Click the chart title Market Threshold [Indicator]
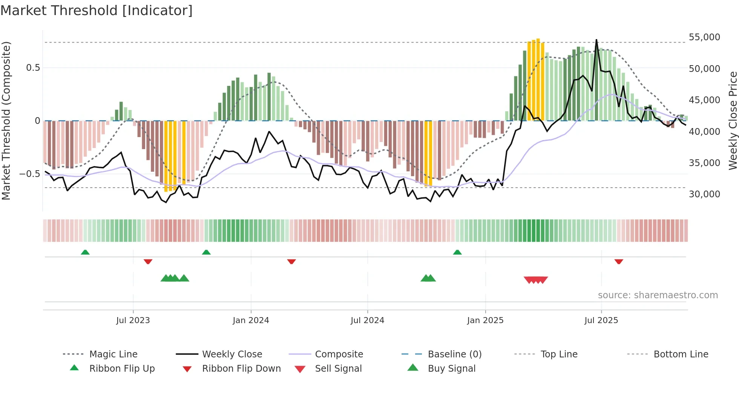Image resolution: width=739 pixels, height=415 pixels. point(97,11)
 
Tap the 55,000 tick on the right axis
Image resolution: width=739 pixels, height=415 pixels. point(704,37)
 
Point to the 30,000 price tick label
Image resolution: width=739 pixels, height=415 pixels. point(704,194)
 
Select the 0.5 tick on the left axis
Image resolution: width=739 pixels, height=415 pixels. point(33,68)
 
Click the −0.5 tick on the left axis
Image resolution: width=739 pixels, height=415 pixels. point(30,174)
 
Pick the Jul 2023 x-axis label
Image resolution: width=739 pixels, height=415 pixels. point(133,320)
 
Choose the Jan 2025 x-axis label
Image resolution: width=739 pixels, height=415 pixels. point(485,320)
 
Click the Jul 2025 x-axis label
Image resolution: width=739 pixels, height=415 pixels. point(601,320)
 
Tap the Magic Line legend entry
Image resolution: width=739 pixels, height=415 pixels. point(113,354)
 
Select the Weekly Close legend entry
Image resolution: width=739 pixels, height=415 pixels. point(232,354)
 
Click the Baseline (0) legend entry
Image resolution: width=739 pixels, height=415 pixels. point(454,354)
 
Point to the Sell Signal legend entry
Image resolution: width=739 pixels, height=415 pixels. point(338,369)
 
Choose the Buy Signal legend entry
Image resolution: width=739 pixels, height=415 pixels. point(451,369)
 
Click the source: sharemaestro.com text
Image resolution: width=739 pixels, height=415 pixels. point(658,295)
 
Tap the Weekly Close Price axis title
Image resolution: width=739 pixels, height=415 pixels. point(733,121)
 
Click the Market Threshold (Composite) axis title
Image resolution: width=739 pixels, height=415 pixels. point(6,121)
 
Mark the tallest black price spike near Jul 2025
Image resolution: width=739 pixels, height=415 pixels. point(596,40)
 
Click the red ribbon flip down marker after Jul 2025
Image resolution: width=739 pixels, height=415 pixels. point(618,261)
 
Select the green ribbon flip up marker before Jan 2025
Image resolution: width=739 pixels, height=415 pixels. point(457,252)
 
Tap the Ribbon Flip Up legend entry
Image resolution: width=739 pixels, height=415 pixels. point(122,369)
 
